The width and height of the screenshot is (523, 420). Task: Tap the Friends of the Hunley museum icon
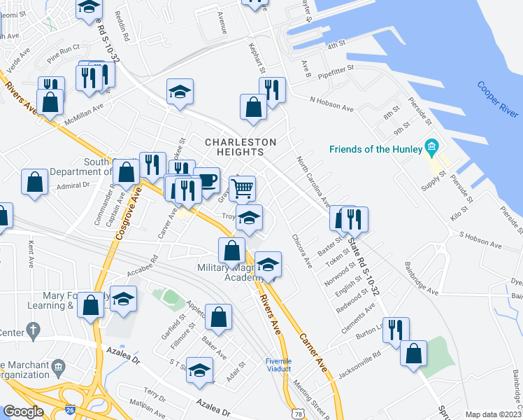[x=431, y=148]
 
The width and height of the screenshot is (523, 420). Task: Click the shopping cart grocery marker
[x=242, y=188]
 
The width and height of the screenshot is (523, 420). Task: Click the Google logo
[x=23, y=412]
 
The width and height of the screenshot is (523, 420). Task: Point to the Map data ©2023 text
[x=493, y=414]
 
